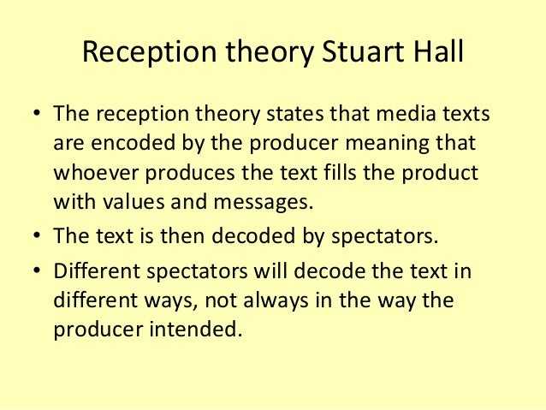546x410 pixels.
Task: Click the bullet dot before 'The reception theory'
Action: tap(36, 115)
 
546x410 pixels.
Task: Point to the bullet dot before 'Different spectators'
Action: tap(36, 273)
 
